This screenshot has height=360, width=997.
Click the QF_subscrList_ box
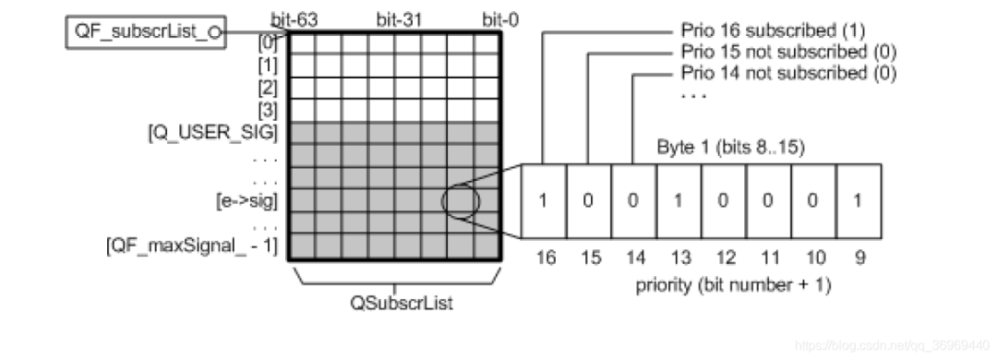(147, 33)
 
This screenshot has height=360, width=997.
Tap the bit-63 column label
(294, 18)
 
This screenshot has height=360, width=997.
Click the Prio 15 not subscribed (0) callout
(787, 52)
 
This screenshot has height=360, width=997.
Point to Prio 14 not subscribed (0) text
(787, 73)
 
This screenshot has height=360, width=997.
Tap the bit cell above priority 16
(544, 200)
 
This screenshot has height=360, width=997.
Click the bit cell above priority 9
(859, 200)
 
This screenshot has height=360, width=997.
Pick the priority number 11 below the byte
(769, 259)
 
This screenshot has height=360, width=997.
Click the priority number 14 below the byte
(634, 259)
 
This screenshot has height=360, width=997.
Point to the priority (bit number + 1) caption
(733, 284)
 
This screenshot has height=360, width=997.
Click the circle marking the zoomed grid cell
(458, 199)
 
